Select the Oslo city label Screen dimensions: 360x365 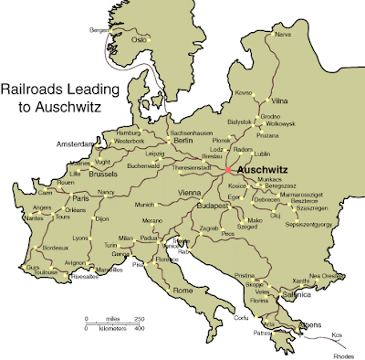(x=139, y=39)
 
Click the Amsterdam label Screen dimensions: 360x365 (x=75, y=144)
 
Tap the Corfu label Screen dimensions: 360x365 (x=240, y=317)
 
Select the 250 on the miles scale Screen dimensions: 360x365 (x=139, y=318)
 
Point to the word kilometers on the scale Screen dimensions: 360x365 (x=112, y=326)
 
